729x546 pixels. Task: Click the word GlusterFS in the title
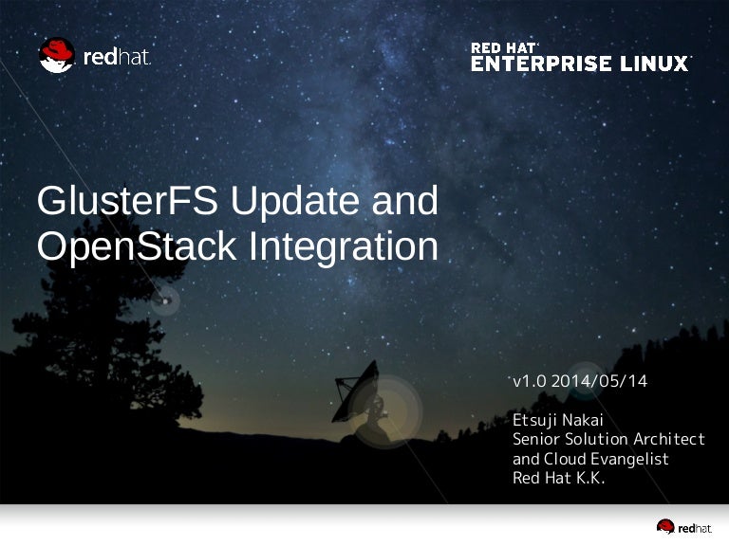point(127,201)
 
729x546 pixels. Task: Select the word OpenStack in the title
point(137,246)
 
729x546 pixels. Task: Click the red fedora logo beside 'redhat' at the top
point(57,55)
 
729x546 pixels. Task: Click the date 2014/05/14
point(599,381)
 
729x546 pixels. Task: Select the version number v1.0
point(530,382)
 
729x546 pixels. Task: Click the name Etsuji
point(534,421)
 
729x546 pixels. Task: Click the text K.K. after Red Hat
point(590,478)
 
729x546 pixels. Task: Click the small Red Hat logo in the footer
point(683,527)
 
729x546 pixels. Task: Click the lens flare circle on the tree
point(165,301)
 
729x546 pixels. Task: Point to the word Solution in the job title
point(596,439)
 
